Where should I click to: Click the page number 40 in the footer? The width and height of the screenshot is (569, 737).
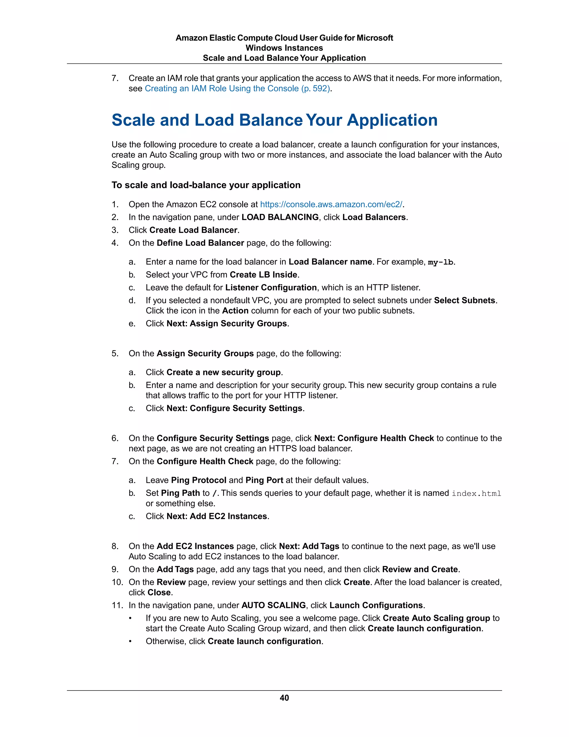pyautogui.click(x=284, y=698)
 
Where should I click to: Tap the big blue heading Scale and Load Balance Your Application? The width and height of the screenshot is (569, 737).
pyautogui.click(x=274, y=120)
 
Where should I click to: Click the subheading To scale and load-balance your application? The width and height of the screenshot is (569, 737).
pyautogui.click(x=206, y=185)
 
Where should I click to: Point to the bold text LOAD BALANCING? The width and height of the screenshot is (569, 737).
pyautogui.click(x=280, y=217)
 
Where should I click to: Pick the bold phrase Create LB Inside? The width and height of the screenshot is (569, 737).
pyautogui.click(x=263, y=275)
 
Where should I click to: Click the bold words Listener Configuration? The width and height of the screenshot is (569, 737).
pyautogui.click(x=271, y=288)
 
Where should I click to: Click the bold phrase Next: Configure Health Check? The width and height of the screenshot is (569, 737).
pyautogui.click(x=374, y=438)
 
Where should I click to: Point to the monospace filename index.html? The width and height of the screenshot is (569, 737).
pyautogui.click(x=476, y=493)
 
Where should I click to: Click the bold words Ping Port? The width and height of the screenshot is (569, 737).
pyautogui.click(x=264, y=480)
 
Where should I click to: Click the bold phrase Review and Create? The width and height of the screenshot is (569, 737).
pyautogui.click(x=420, y=569)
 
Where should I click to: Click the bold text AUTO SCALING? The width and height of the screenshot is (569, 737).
pyautogui.click(x=273, y=605)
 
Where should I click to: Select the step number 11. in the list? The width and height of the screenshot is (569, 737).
pyautogui.click(x=117, y=605)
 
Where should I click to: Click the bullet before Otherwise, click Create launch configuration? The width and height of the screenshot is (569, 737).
pyautogui.click(x=130, y=642)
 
